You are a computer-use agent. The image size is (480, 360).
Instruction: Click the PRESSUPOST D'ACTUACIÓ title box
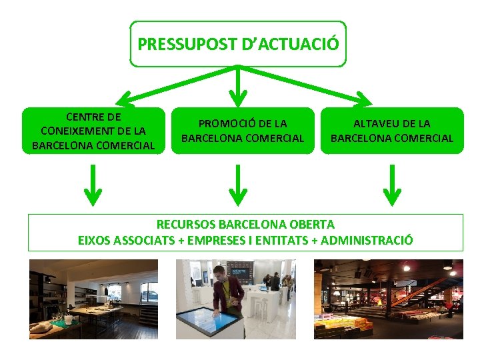238,44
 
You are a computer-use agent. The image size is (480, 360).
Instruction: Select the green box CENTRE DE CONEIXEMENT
93,131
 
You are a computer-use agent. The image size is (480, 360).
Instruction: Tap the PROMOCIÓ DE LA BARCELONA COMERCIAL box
243,131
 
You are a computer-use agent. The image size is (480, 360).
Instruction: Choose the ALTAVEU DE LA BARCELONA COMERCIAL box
392,131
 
